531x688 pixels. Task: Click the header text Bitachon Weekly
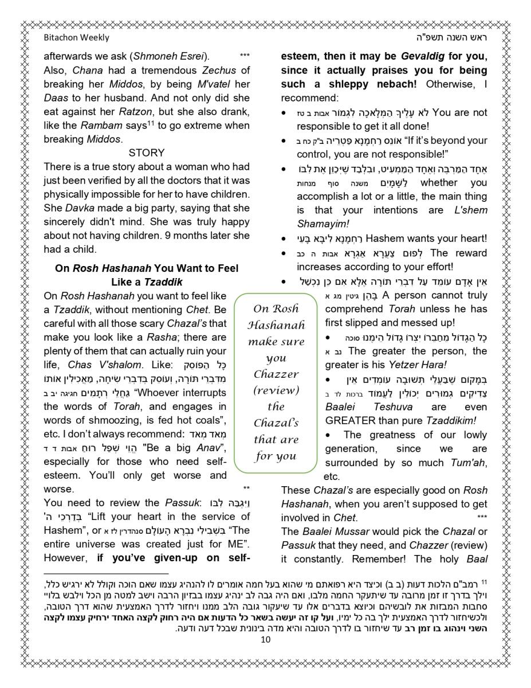(x=76, y=38)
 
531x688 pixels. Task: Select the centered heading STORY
(x=147, y=153)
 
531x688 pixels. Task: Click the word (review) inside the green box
(x=276, y=390)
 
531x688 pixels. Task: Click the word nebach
(x=392, y=84)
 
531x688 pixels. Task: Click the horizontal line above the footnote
(x=106, y=573)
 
